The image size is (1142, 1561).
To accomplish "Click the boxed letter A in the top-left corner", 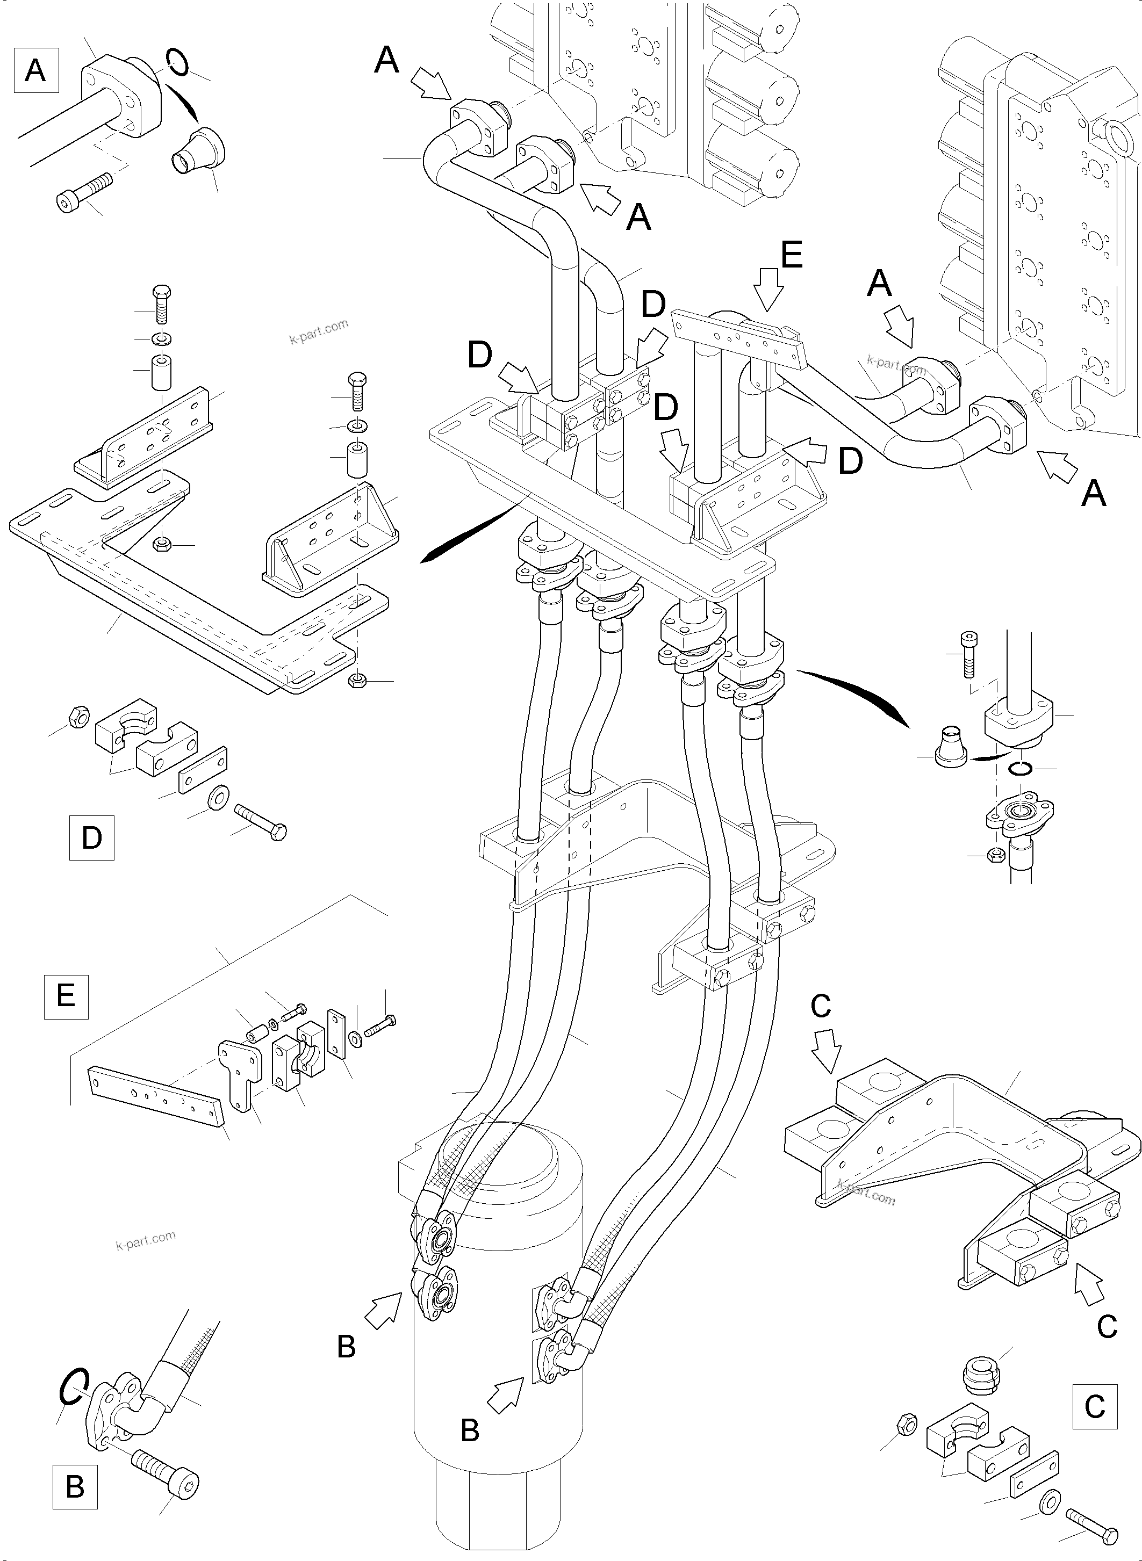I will [x=36, y=70].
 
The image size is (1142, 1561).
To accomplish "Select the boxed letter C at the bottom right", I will [x=1094, y=1406].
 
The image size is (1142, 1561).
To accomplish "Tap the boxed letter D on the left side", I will [x=91, y=837].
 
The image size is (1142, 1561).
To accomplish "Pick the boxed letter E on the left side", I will [x=66, y=996].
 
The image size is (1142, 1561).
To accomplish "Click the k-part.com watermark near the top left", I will [x=318, y=331].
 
